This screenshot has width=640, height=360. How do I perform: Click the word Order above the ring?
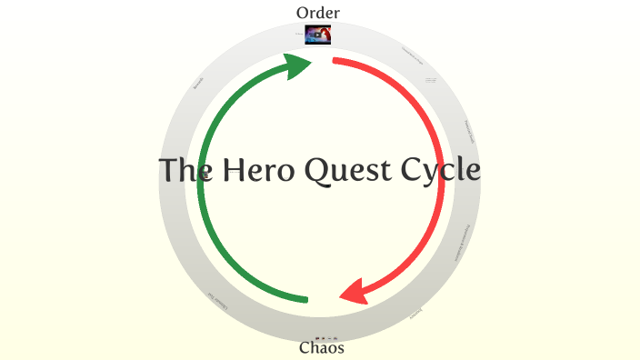tap(318, 13)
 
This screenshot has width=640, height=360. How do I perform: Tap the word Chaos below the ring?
tap(322, 348)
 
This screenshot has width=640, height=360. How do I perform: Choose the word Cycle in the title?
tap(442, 171)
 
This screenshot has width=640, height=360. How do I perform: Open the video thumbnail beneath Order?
tap(318, 35)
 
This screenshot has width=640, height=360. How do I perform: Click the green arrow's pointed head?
tap(300, 65)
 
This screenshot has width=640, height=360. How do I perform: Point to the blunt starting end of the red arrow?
tap(335, 62)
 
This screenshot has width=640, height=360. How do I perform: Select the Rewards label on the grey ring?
tap(199, 83)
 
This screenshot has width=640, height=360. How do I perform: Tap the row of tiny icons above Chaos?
tap(325, 337)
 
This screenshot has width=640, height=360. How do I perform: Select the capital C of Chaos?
tap(305, 348)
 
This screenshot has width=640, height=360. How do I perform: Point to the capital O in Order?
tap(303, 13)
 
